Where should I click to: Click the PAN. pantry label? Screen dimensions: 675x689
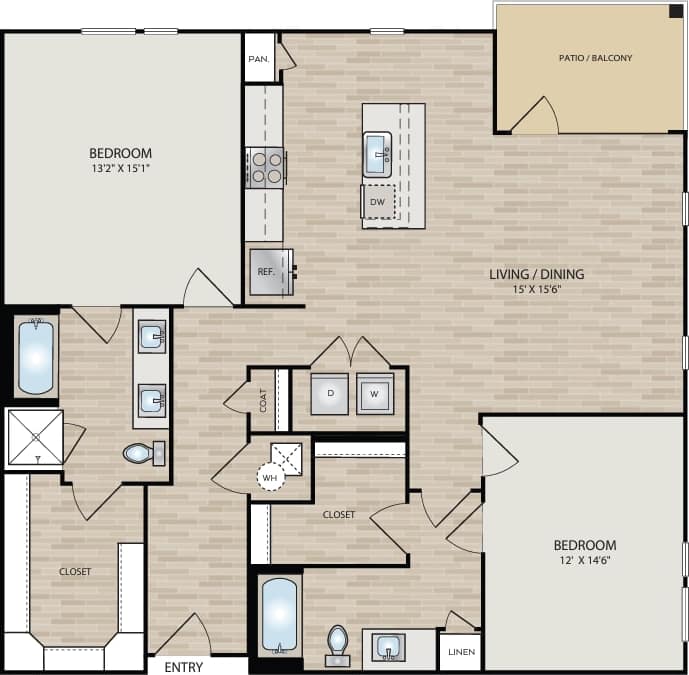258,59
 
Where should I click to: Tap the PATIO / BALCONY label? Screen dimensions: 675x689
595,58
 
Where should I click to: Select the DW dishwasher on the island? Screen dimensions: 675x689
377,202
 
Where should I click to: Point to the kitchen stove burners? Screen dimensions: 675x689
266,167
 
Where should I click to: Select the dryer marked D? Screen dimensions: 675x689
329,393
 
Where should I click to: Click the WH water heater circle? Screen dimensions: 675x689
270,478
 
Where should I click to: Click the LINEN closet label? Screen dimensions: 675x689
460,653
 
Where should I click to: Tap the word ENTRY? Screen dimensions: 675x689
183,666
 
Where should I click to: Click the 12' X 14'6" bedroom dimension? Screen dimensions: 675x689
585,562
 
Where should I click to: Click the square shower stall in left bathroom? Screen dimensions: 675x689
35,437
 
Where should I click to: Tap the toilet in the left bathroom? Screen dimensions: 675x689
142,454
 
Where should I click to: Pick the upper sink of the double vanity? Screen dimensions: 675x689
151,337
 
